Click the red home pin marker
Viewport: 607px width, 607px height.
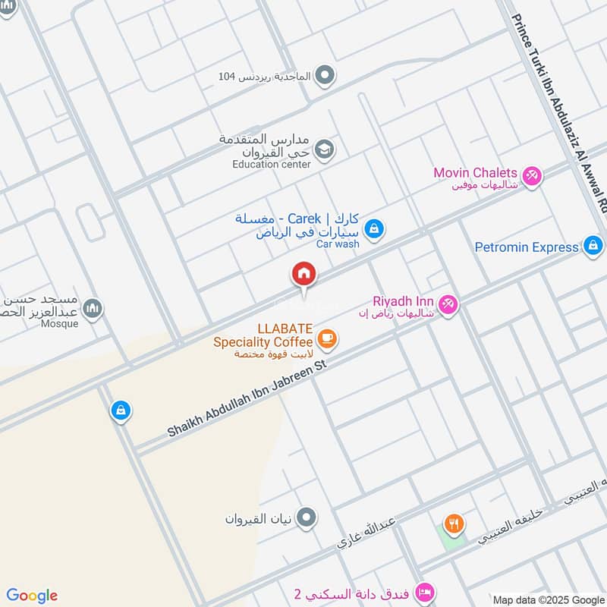coord(303,274)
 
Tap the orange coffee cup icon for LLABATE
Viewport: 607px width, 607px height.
coord(327,338)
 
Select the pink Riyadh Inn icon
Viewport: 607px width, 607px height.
coord(448,304)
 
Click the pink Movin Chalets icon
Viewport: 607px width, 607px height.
coord(532,175)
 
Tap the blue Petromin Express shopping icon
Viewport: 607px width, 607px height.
coord(593,245)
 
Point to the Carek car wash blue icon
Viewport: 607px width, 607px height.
coord(373,228)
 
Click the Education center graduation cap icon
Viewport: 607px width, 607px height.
coord(324,149)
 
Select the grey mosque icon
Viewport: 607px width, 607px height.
coord(93,309)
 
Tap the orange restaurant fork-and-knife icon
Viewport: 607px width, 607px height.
coord(454,523)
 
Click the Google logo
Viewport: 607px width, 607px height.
coord(32,596)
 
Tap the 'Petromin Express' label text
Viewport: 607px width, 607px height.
coord(527,247)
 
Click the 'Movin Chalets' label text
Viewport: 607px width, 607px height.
coord(475,173)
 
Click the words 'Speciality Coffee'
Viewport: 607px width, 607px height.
coord(263,342)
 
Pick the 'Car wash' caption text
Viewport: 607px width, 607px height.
coord(338,244)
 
